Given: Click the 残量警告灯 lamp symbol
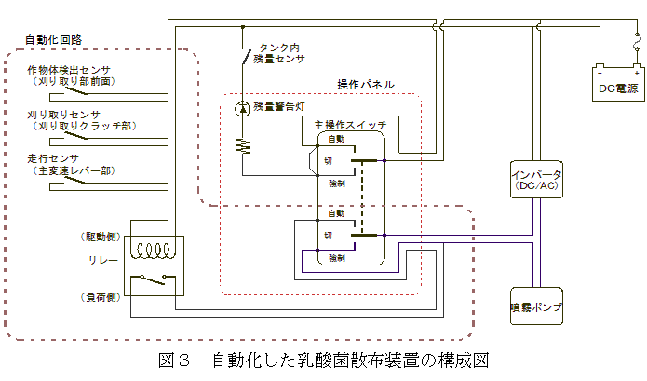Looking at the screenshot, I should pos(244,108).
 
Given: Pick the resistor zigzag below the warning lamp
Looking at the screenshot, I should pos(244,145).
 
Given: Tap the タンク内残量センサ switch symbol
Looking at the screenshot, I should pos(244,58).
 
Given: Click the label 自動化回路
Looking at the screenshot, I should pos(52,40).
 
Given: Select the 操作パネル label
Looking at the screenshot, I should pos(365,85).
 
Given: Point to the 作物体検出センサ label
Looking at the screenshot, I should pos(70,70).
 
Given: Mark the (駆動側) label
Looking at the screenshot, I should pos(100,237).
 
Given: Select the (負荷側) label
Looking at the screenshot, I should pos(100,297).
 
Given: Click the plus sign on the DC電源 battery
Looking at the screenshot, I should pos(637,71).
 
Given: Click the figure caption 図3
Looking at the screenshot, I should pos(174,361).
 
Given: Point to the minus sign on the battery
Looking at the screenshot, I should pos(601,71).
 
